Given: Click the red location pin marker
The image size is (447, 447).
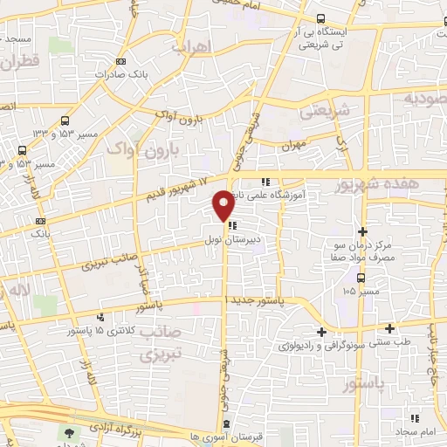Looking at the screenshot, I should (223, 204).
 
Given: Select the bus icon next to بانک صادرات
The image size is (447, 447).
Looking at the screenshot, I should (120, 61).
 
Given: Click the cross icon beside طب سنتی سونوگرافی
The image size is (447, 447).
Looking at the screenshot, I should (322, 332).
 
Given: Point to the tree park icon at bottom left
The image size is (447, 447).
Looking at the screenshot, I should (70, 433).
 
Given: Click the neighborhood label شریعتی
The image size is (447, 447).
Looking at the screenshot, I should (324, 112).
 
